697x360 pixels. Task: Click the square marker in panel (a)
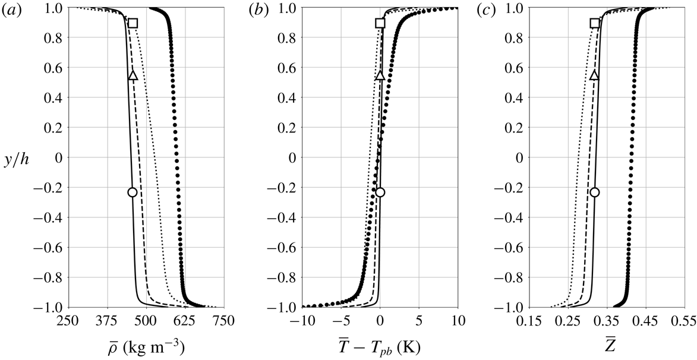pyautogui.click(x=133, y=23)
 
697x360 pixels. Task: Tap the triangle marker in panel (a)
pyautogui.click(x=133, y=75)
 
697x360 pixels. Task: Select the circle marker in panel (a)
pyautogui.click(x=133, y=192)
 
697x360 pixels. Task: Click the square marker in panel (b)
pyautogui.click(x=380, y=23)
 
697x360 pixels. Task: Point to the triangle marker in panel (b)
pyautogui.click(x=380, y=75)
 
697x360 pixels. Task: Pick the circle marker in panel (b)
pyautogui.click(x=380, y=192)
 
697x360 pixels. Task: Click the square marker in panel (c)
pyautogui.click(x=595, y=23)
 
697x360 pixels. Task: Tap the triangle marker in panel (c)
pyautogui.click(x=595, y=75)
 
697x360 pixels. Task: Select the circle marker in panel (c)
pyautogui.click(x=595, y=192)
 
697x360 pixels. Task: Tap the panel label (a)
pyautogui.click(x=11, y=10)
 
